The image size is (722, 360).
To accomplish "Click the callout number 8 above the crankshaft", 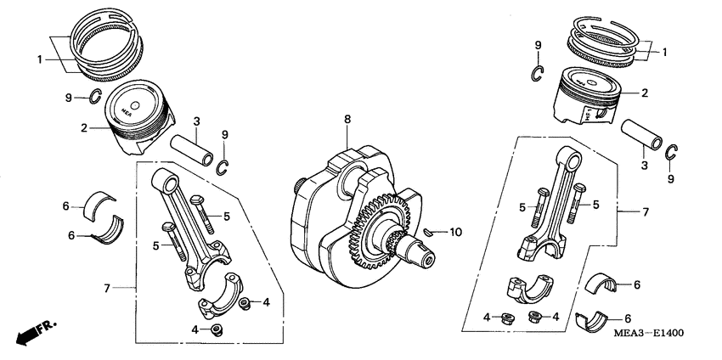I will (x=347, y=121).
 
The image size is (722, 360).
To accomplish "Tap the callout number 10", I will (x=454, y=232).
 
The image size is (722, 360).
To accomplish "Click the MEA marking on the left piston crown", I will (x=127, y=110).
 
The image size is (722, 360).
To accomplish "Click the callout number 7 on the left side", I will (x=107, y=290).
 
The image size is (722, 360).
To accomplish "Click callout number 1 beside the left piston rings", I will (x=38, y=59).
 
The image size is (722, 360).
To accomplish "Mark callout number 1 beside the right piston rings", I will (x=664, y=52).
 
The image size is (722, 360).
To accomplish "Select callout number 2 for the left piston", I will (x=83, y=128).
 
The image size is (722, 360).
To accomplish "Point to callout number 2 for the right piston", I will (x=644, y=93).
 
